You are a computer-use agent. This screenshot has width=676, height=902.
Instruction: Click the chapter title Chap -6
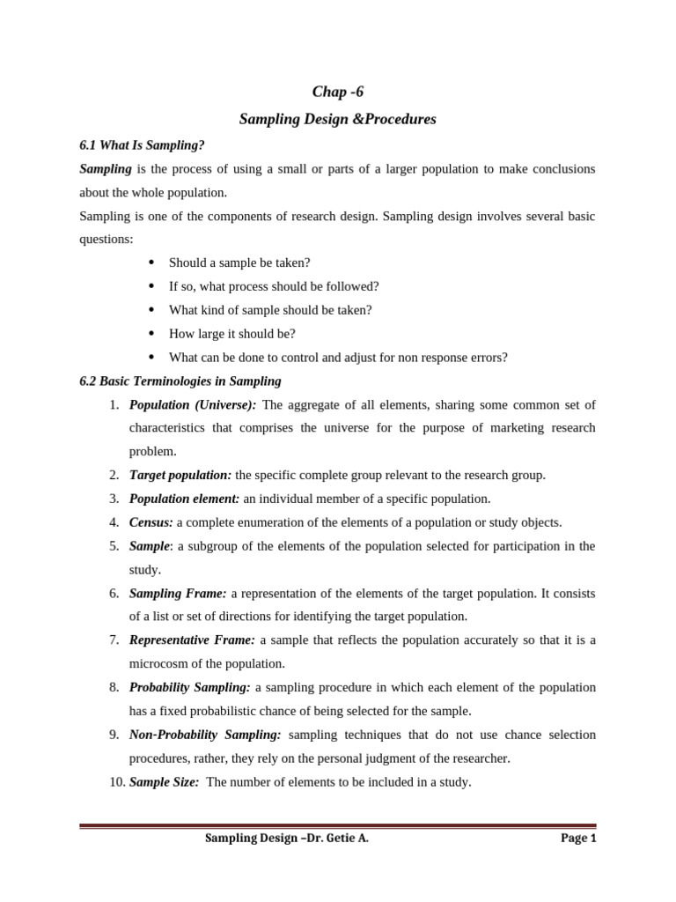pos(338,92)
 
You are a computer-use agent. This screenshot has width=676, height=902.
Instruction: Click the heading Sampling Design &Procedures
pos(338,119)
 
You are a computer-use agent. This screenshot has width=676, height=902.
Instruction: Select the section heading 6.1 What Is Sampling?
pos(142,144)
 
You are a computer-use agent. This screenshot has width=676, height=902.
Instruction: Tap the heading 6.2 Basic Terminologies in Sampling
pos(180,381)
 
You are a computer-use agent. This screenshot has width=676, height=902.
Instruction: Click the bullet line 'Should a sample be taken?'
pos(239,262)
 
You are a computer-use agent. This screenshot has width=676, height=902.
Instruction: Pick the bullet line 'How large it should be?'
pos(232,334)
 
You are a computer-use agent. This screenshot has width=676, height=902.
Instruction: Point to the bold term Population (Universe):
pos(193,405)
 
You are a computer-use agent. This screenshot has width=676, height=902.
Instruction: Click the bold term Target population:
pos(180,475)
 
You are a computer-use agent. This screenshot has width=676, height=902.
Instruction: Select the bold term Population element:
pos(184,499)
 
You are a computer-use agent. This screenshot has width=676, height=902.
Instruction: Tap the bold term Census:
pos(151,522)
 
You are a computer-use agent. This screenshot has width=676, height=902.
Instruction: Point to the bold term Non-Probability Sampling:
pos(205,735)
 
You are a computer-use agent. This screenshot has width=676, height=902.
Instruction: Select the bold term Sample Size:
pos(165,781)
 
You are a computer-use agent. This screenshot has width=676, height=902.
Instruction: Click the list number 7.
pos(114,640)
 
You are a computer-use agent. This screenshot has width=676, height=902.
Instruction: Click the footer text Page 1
pos(578,839)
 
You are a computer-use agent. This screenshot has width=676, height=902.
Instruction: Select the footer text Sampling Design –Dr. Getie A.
pos(287,839)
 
